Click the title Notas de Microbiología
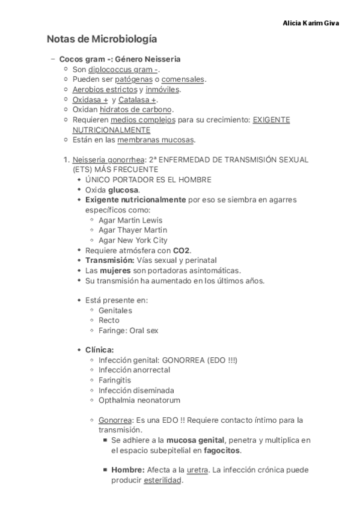(102, 40)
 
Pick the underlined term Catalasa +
(138, 100)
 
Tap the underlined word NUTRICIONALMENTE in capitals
(111, 130)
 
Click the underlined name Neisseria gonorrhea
(108, 160)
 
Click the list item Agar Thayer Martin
(133, 230)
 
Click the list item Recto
(109, 321)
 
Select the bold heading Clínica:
(100, 350)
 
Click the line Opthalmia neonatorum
(139, 400)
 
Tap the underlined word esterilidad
(162, 481)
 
